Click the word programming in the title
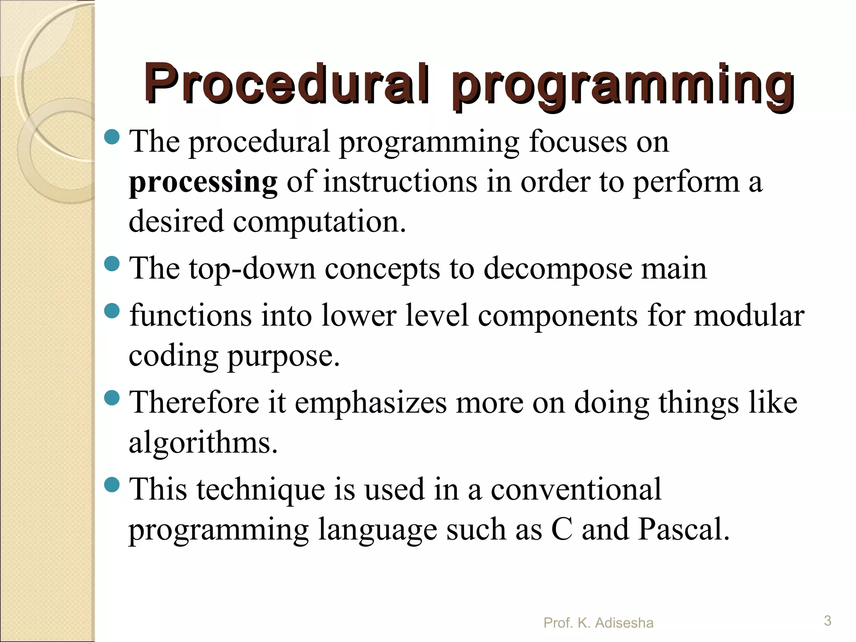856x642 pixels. pyautogui.click(x=623, y=86)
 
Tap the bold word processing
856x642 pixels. pyautogui.click(x=203, y=183)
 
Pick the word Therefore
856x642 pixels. pyautogui.click(x=195, y=402)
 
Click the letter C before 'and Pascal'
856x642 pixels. pyautogui.click(x=562, y=529)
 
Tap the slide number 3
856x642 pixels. pyautogui.click(x=827, y=621)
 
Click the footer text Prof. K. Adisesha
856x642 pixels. pyautogui.click(x=598, y=623)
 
